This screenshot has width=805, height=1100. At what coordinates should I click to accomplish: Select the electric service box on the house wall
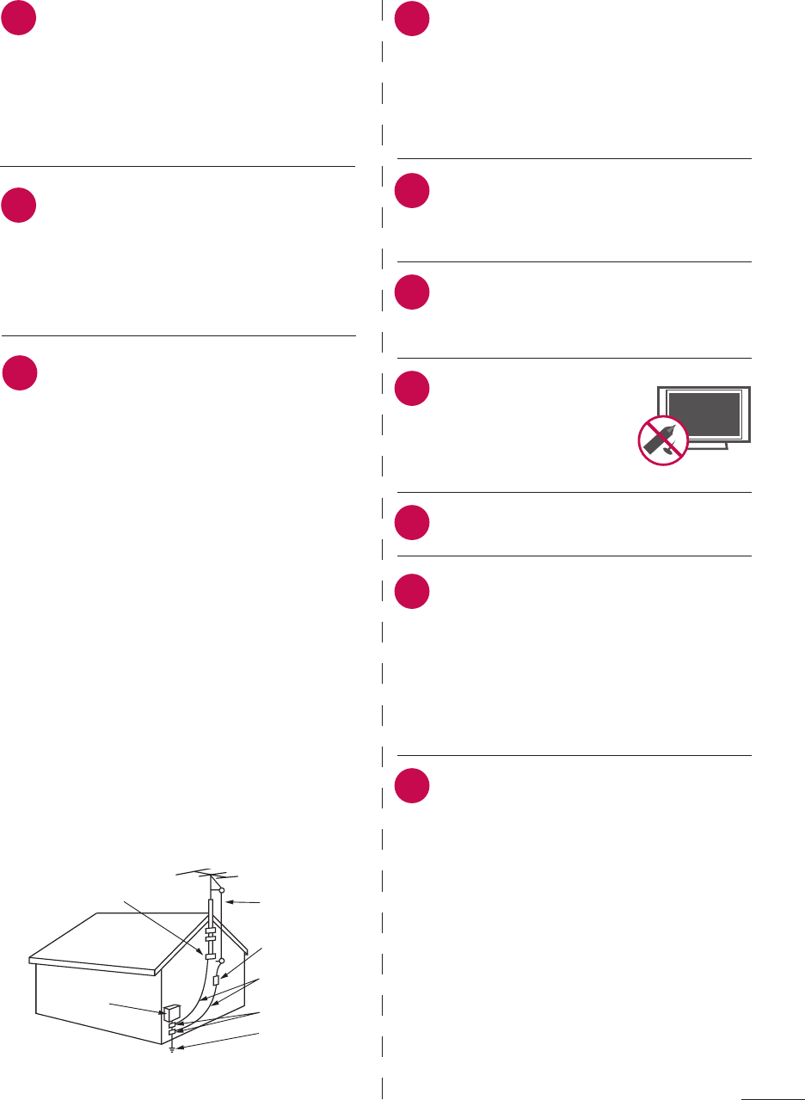[x=172, y=1012]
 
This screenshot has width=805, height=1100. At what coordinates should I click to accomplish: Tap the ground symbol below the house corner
[x=173, y=1050]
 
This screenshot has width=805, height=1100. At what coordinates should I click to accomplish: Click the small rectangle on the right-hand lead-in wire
[x=216, y=980]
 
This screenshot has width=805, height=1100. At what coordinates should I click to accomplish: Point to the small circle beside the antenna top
[x=221, y=889]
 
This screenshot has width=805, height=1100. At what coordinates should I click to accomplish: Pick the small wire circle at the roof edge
[x=222, y=959]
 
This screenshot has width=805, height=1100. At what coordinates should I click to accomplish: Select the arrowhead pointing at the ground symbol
[x=178, y=1046]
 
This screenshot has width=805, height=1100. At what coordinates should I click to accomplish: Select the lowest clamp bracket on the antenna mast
[x=209, y=955]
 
